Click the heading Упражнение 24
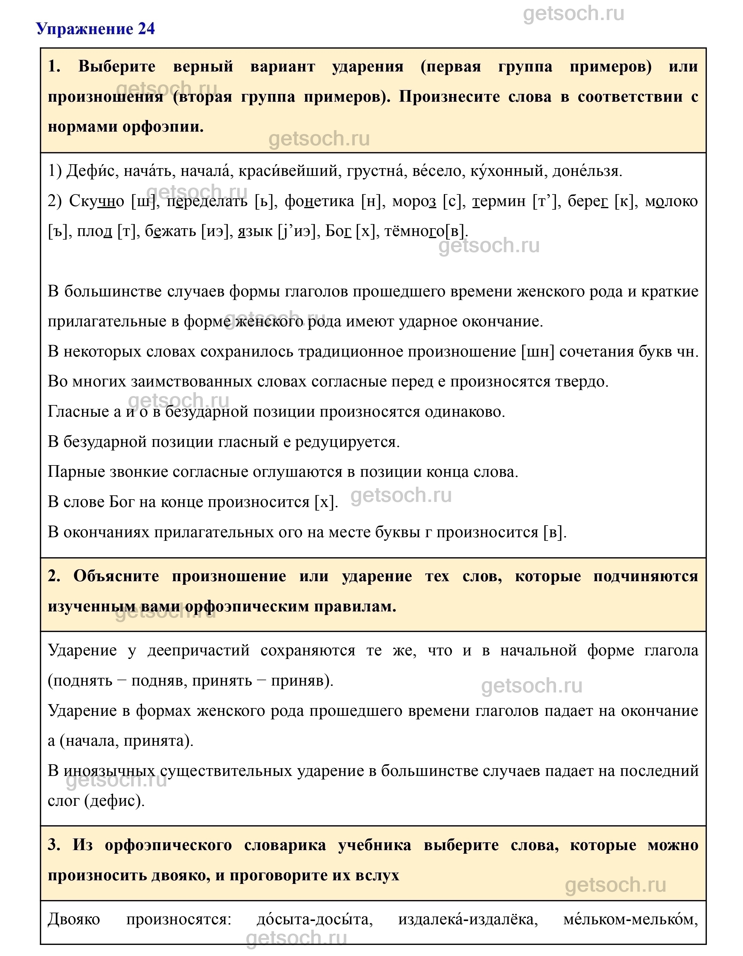[95, 29]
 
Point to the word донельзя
[587, 171]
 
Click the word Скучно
[96, 201]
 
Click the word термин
[498, 201]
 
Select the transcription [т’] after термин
[546, 201]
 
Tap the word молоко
[671, 201]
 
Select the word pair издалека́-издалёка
[468, 920]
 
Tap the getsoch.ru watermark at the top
[574, 14]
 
